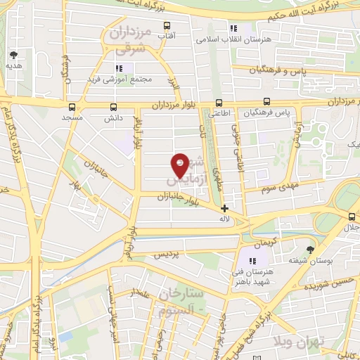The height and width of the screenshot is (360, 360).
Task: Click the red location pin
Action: click(x=181, y=165)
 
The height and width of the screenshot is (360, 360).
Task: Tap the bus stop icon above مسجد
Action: click(x=72, y=108)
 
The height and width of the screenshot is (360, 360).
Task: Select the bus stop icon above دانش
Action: click(x=114, y=108)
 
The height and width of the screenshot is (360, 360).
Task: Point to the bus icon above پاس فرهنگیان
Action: click(x=266, y=101)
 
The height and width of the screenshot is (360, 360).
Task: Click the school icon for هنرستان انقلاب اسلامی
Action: click(x=233, y=28)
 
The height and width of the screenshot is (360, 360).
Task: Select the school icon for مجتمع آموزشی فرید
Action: click(x=120, y=68)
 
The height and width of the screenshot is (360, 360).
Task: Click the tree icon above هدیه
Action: click(x=13, y=53)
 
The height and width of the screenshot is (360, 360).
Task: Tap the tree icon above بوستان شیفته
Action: click(x=309, y=249)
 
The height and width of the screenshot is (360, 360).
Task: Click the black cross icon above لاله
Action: click(x=224, y=208)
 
